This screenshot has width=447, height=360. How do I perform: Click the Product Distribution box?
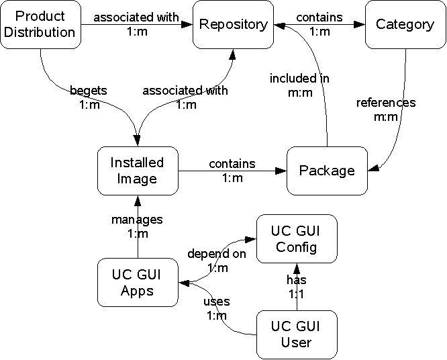click(40, 24)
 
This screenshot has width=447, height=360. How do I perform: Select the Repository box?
click(233, 24)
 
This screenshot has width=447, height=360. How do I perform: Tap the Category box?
click(405, 24)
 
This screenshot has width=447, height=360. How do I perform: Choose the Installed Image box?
click(137, 171)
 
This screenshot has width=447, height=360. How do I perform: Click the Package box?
click(327, 171)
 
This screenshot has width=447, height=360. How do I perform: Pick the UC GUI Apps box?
click(137, 281)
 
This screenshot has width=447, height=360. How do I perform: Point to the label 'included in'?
click(299, 79)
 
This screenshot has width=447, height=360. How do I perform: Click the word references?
click(386, 103)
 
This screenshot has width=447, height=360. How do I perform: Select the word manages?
click(137, 220)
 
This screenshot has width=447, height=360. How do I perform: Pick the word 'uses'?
click(216, 302)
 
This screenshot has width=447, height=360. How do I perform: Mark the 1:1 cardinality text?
click(296, 295)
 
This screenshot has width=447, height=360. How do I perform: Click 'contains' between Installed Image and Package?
click(232, 163)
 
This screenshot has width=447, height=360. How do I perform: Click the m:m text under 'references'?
click(386, 116)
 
